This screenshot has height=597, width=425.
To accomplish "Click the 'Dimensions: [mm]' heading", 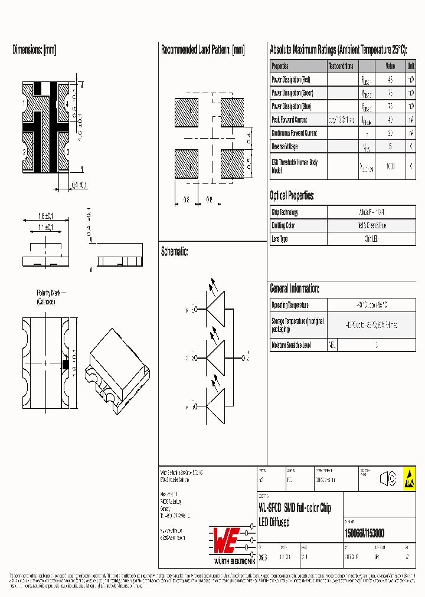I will [34, 50].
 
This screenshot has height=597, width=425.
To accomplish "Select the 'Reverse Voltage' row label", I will [285, 146].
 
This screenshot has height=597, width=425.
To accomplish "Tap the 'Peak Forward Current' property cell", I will [289, 120].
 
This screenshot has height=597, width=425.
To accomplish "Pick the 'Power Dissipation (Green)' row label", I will [292, 93].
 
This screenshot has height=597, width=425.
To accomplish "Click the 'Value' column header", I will [390, 66].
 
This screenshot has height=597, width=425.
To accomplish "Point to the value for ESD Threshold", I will [390, 166].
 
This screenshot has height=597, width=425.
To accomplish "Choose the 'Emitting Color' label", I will [283, 225].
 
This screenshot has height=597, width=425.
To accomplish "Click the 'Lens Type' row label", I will [280, 239].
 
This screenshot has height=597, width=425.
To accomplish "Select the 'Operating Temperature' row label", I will [290, 305].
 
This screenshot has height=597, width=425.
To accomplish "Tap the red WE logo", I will [233, 538].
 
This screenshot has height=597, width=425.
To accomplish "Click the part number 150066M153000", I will [364, 533].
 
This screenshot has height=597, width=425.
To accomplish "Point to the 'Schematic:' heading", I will [175, 252].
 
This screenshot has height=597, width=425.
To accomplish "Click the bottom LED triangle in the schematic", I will [217, 406].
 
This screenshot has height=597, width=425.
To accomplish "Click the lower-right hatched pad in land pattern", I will [232, 164].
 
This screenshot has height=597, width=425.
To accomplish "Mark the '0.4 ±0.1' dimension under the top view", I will [79, 185].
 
